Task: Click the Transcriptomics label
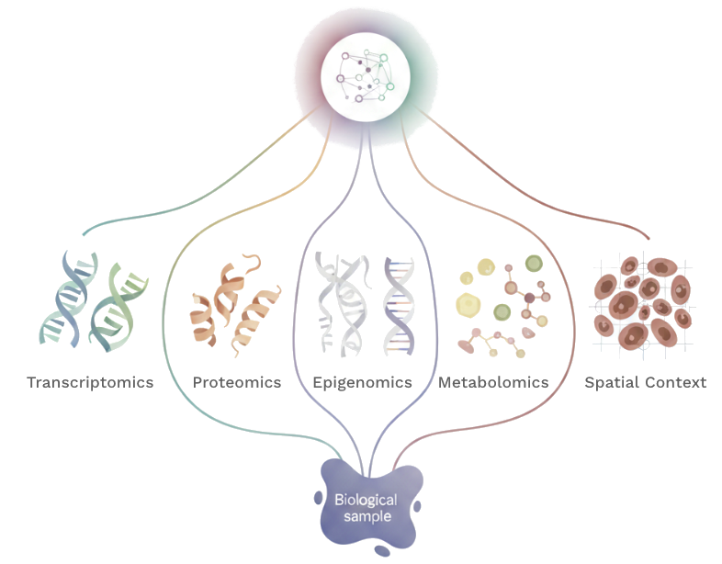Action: point(90,381)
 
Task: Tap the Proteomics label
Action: point(237,381)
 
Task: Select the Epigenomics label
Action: point(362,381)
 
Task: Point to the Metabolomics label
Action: point(493,381)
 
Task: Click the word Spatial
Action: point(612,381)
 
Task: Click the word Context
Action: point(676,381)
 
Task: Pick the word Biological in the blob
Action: point(367,500)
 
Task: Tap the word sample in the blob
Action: point(367,516)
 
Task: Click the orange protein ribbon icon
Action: point(236,308)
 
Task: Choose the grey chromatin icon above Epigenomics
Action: point(363,303)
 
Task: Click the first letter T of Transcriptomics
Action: point(32,381)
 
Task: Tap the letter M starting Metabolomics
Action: point(445,381)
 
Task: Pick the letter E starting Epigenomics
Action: point(317,381)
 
